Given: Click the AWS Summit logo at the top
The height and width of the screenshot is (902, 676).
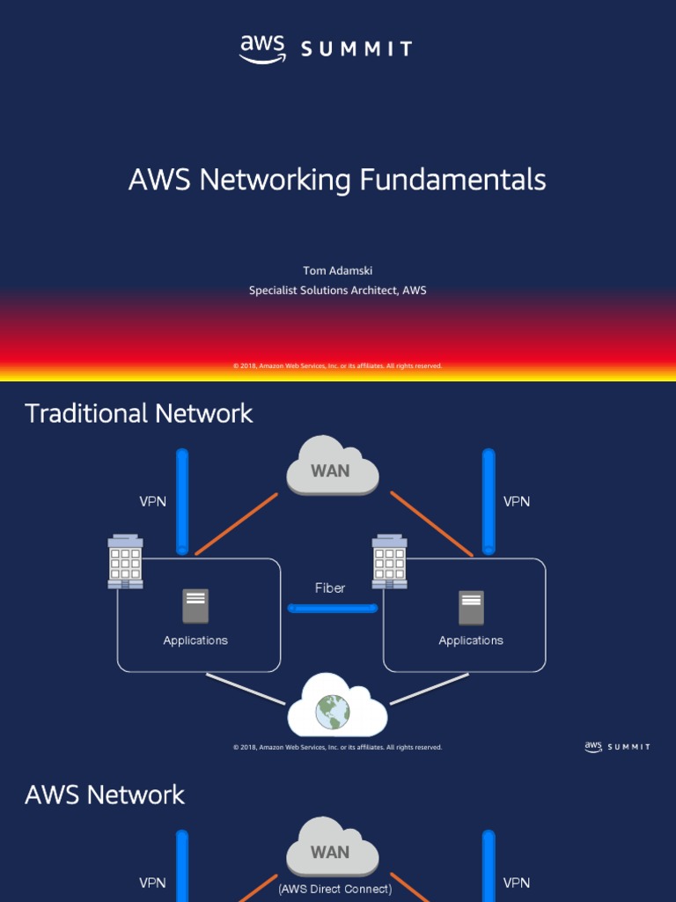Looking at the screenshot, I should [325, 49].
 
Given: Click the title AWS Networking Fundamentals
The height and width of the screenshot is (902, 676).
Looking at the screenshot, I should [337, 180].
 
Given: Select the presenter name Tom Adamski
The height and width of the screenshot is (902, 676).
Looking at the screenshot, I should [337, 270].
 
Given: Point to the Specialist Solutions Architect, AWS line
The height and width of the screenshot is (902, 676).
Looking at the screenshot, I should [337, 290].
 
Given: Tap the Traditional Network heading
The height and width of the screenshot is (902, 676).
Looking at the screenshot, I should [139, 413].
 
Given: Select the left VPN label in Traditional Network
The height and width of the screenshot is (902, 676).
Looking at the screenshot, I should [152, 501].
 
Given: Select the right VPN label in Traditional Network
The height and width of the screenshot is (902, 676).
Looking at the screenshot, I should [517, 501].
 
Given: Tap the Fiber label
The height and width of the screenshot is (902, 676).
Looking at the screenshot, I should [330, 588].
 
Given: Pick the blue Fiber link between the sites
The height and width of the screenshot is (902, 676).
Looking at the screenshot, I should [333, 608].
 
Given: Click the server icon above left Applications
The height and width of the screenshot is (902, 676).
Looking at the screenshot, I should [195, 606].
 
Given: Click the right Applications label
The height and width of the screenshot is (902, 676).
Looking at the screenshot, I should [471, 640].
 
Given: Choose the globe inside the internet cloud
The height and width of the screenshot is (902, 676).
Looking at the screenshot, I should [333, 711].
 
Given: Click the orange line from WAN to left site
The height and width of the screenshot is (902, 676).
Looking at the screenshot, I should [236, 524].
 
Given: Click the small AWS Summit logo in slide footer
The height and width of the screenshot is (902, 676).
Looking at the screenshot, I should [617, 747].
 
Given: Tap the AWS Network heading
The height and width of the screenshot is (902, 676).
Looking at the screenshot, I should [105, 795].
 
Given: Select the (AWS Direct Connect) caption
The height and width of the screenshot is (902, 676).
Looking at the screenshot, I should [335, 889].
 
